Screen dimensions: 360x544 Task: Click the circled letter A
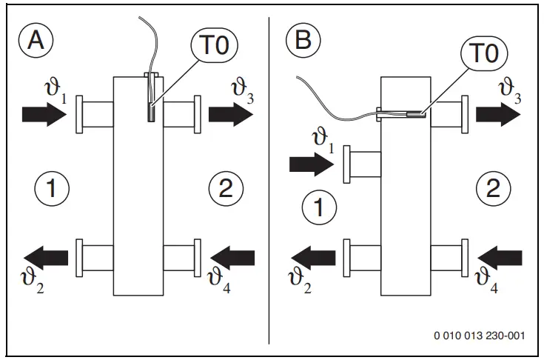coord(36,41)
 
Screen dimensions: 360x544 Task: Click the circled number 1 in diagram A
coord(52,187)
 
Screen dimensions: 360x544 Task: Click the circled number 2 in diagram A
coord(226,187)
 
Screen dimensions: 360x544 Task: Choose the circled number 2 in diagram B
coord(492,187)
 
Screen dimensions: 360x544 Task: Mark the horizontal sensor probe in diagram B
coord(407,115)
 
